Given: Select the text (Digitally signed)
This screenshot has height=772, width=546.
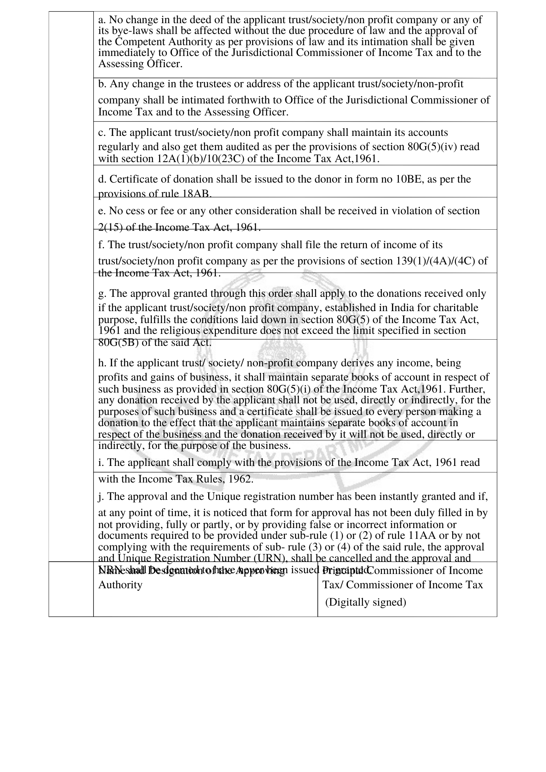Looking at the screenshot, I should [x=365, y=602].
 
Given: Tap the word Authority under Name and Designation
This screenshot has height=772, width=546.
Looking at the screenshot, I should [x=120, y=585].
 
